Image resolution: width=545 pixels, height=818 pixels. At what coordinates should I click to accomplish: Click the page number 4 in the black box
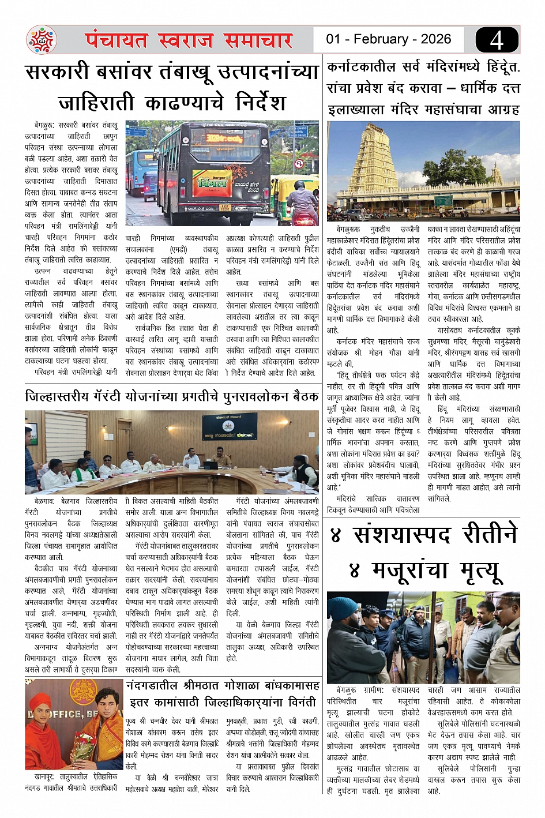click(x=497, y=40)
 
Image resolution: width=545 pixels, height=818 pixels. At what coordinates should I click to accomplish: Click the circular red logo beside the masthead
click(x=42, y=40)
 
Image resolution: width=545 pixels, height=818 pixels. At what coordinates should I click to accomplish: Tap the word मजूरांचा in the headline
click(x=411, y=571)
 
